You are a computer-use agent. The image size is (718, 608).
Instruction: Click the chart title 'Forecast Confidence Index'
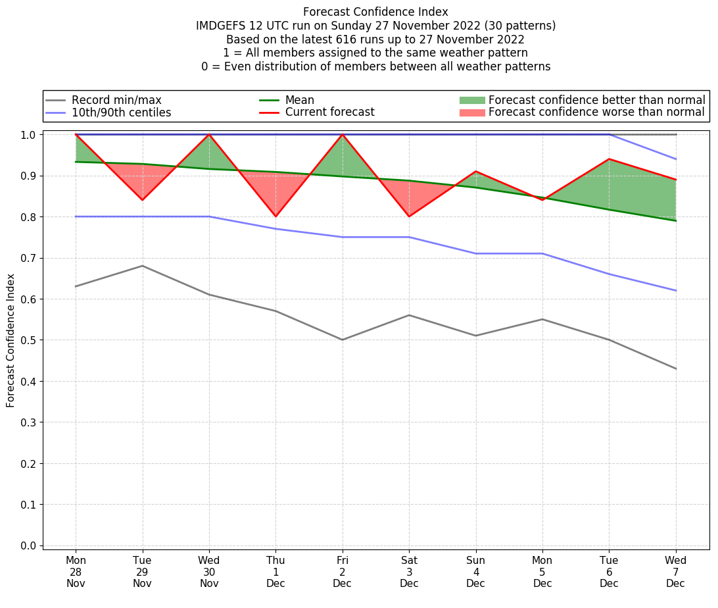coord(375,12)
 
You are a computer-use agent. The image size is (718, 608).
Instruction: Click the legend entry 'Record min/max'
coord(116,100)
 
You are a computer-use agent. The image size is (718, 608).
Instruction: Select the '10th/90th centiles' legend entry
coord(121,113)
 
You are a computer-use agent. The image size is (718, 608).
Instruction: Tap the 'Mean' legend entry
coord(300,100)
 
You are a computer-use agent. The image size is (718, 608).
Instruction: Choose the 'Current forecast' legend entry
coord(329,113)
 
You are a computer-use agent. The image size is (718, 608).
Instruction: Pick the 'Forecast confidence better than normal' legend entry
coord(596,100)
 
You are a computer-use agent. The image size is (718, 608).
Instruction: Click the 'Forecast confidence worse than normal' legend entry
coord(596,113)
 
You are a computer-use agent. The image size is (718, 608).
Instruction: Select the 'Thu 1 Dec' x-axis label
coord(275,572)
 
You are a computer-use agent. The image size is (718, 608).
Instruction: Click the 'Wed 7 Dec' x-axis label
coord(675,572)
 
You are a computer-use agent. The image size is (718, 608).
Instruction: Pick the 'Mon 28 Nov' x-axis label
coord(76,572)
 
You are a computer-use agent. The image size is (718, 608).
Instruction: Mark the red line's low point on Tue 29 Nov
coord(142,200)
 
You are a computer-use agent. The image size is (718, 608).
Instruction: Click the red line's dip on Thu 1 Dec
coord(275,216)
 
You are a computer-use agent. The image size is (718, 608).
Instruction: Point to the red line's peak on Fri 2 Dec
coord(343,134)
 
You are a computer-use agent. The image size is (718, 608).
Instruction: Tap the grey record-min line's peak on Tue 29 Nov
coord(142,266)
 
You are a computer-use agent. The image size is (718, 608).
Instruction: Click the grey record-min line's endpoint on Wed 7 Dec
coord(675,368)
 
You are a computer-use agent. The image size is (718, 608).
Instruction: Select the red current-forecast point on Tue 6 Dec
coord(609,159)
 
